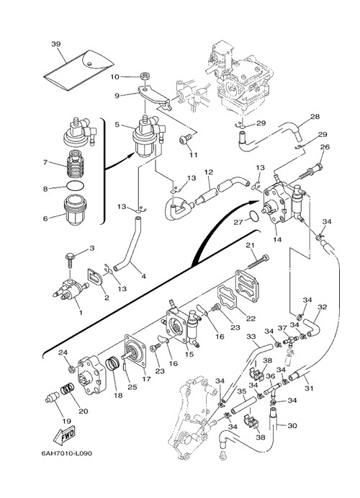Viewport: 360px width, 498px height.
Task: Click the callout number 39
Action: pyautogui.click(x=56, y=44)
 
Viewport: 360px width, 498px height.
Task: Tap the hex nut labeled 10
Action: pyautogui.click(x=145, y=76)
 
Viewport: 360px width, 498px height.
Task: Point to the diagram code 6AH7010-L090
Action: pyautogui.click(x=67, y=453)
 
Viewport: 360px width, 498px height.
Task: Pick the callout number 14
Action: pyautogui.click(x=277, y=240)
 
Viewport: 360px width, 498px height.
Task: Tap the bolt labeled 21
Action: pyautogui.click(x=258, y=262)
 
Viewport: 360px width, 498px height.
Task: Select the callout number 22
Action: pyautogui.click(x=251, y=319)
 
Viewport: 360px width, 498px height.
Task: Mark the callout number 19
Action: pyautogui.click(x=67, y=422)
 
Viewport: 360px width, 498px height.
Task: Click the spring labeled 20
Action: pyautogui.click(x=67, y=388)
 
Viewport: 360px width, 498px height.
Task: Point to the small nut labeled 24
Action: pyautogui.click(x=72, y=370)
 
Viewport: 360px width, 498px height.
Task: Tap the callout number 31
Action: pyautogui.click(x=309, y=388)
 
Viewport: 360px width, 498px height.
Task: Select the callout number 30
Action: pyautogui.click(x=292, y=425)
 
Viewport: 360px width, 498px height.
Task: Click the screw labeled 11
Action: pyautogui.click(x=184, y=139)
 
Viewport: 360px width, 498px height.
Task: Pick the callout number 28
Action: pyautogui.click(x=315, y=117)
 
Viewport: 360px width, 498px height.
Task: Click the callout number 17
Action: pyautogui.click(x=146, y=379)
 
